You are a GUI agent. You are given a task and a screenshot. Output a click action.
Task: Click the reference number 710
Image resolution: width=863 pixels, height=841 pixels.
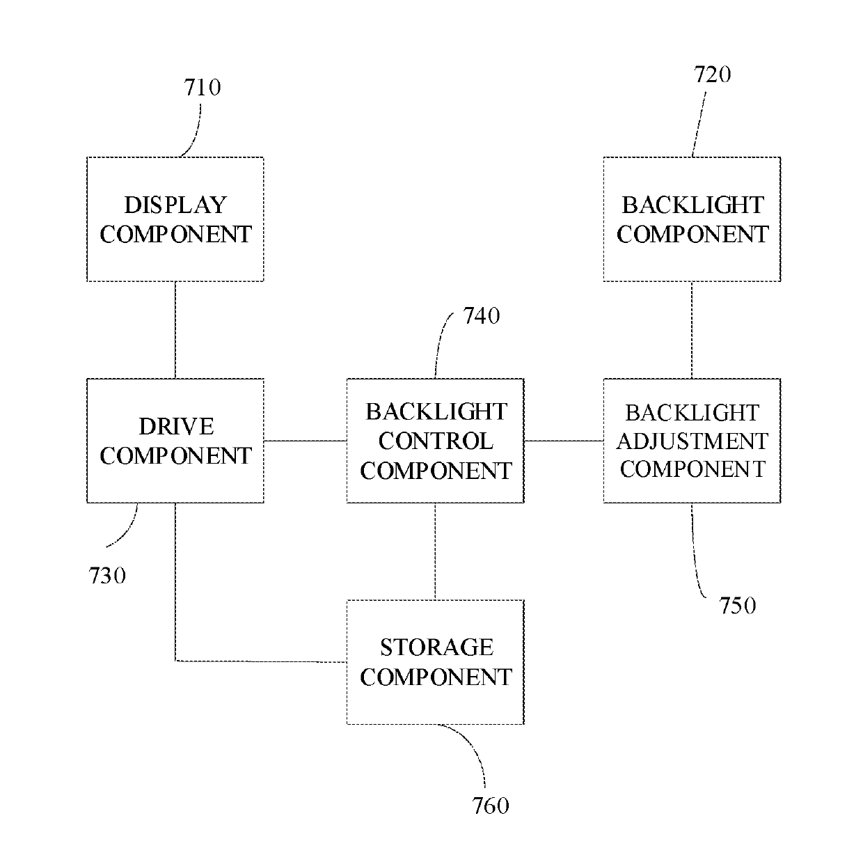tap(203, 88)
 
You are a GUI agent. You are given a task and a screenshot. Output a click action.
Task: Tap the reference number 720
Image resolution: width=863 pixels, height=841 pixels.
tap(712, 74)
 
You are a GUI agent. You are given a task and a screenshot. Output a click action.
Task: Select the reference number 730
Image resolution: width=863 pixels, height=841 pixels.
tap(107, 576)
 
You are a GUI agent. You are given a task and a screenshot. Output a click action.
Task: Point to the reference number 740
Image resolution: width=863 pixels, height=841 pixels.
tap(482, 316)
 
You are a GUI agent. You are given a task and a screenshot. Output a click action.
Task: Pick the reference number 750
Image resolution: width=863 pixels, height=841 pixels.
tap(738, 606)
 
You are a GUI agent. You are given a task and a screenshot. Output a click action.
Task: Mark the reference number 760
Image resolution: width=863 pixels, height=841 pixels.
tap(491, 806)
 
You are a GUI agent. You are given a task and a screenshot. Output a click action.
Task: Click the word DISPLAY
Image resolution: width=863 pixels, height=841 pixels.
tap(175, 205)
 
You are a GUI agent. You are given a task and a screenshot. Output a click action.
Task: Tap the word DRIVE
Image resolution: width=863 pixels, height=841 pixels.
tap(177, 427)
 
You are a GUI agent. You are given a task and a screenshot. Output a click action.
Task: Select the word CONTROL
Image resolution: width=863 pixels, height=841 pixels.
tap(436, 441)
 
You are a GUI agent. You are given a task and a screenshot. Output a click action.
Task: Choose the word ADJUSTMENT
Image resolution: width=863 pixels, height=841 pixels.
tap(692, 441)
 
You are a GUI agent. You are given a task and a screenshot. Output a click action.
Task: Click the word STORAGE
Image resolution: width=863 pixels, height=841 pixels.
tap(436, 647)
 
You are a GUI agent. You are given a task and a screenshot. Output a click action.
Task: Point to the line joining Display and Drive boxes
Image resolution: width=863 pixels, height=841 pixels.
tap(175, 330)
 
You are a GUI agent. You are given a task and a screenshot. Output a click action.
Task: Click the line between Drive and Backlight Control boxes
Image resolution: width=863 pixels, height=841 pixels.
tap(305, 441)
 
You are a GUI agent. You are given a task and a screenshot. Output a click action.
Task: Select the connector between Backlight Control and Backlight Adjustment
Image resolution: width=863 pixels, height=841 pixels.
tap(564, 441)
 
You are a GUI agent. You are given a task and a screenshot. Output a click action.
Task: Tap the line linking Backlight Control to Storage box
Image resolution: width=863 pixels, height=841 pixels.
tap(435, 551)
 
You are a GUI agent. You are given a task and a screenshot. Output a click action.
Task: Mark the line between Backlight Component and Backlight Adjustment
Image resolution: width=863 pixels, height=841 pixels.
tap(692, 330)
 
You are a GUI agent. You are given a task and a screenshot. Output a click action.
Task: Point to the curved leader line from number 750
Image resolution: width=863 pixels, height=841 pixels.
tap(694, 554)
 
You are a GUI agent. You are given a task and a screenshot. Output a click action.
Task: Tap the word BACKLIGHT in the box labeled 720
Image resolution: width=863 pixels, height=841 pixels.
tap(692, 205)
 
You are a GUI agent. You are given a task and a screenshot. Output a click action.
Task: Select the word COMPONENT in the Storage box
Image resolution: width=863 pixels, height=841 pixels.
tap(436, 677)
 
